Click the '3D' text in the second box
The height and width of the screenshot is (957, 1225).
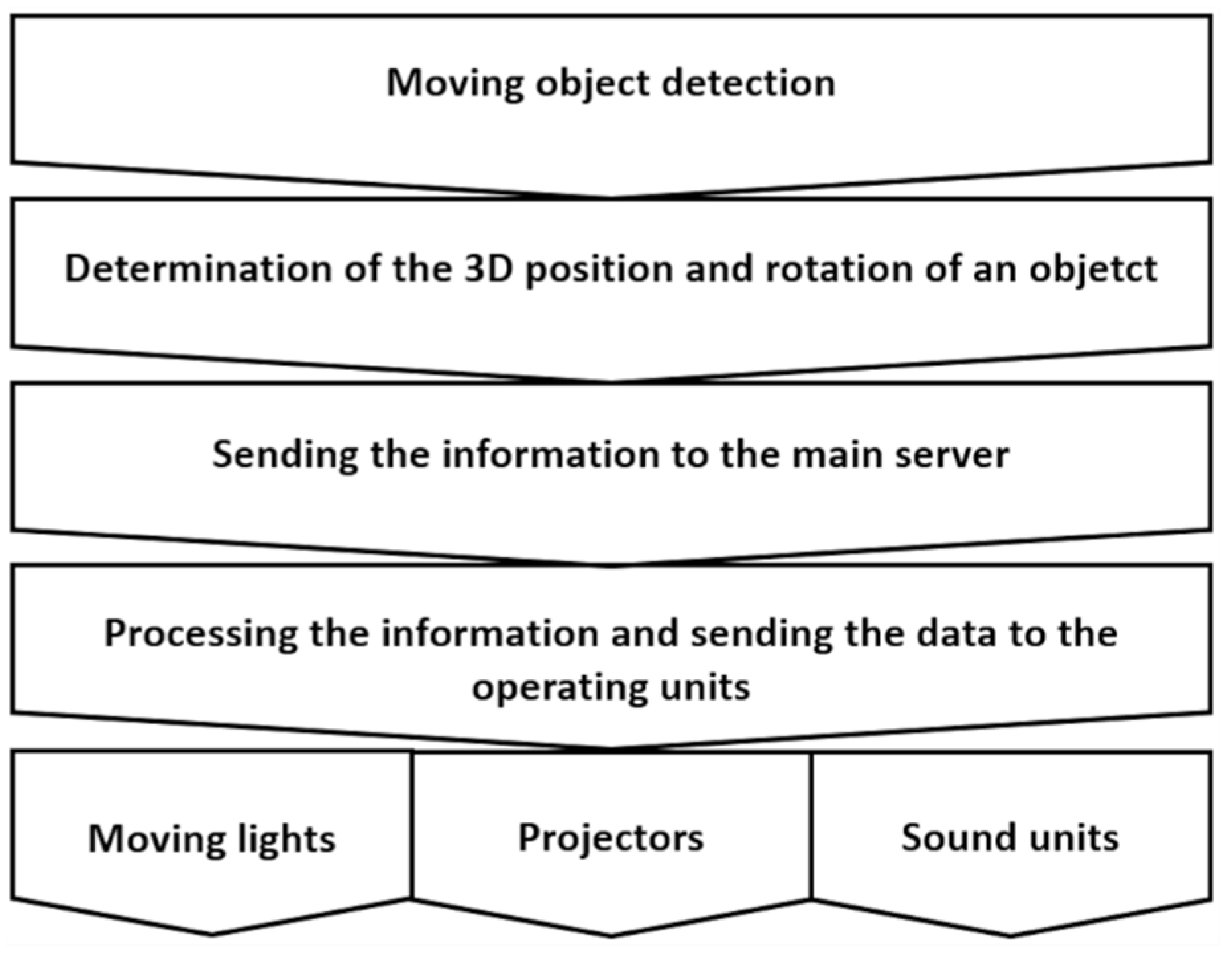click(489, 269)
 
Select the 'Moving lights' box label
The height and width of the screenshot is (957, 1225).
click(212, 839)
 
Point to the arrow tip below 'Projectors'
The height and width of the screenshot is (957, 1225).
click(611, 934)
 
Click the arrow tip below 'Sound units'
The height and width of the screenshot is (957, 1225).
click(1011, 934)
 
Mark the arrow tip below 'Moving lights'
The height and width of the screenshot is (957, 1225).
click(212, 933)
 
